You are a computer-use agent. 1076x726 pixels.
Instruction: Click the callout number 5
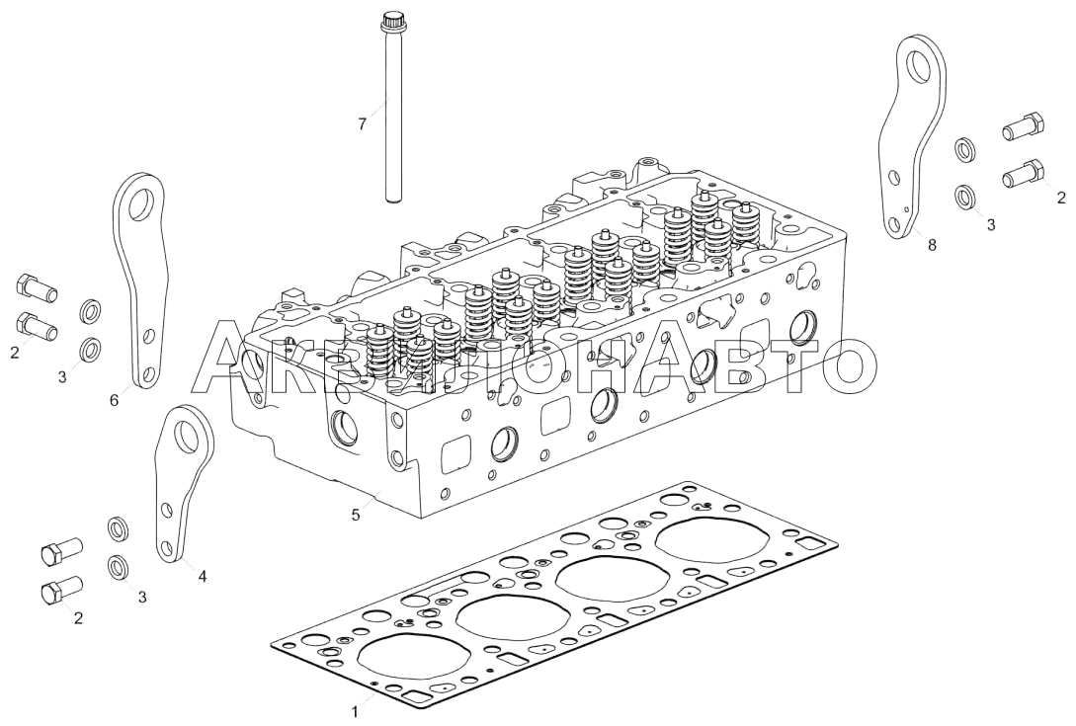[356, 514]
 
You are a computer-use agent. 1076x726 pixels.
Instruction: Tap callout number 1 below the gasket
[355, 712]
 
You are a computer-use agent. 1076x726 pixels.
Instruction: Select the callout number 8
[931, 244]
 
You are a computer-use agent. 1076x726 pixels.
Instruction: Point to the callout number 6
[114, 400]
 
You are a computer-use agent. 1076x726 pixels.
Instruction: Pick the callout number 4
[202, 577]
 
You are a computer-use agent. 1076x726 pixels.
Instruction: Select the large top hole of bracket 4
[187, 433]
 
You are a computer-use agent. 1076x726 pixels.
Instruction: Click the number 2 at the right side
[1061, 199]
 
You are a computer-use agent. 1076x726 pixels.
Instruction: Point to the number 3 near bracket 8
[991, 224]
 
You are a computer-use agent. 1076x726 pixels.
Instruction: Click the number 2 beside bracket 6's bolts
[15, 353]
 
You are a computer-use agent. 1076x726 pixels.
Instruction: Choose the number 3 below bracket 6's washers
[62, 376]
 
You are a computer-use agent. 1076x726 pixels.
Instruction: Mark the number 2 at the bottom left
[78, 617]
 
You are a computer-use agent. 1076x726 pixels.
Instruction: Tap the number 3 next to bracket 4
[142, 597]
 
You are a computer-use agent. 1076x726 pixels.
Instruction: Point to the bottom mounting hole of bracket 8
[893, 223]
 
